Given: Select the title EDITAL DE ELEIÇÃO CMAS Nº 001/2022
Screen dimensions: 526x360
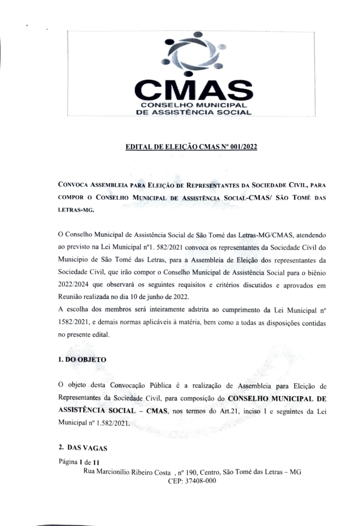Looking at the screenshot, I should (191, 147).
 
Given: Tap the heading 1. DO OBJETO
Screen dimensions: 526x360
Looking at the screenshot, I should (83, 360).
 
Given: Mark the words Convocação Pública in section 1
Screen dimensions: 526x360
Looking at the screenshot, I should (130, 385).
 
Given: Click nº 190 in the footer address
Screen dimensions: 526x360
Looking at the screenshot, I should (186, 472).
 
